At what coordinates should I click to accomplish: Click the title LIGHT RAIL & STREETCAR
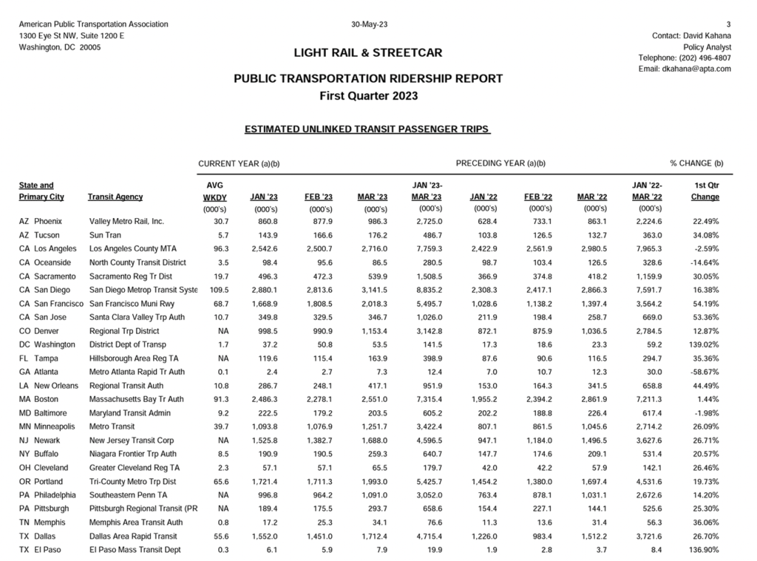point(368,52)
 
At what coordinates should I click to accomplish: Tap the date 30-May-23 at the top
point(370,24)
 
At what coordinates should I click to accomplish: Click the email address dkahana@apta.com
point(696,69)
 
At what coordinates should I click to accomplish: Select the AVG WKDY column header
point(214,191)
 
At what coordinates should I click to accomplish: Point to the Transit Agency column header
point(115,197)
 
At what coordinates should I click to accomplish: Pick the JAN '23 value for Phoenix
point(264,221)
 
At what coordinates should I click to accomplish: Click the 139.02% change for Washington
point(702,344)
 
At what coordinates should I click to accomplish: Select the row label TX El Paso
point(44,550)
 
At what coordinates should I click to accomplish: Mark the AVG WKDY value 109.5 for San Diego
point(215,290)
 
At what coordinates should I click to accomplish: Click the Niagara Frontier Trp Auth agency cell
point(132,454)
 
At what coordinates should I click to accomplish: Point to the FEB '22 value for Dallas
point(539,537)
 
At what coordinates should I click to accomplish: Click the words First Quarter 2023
point(368,95)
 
